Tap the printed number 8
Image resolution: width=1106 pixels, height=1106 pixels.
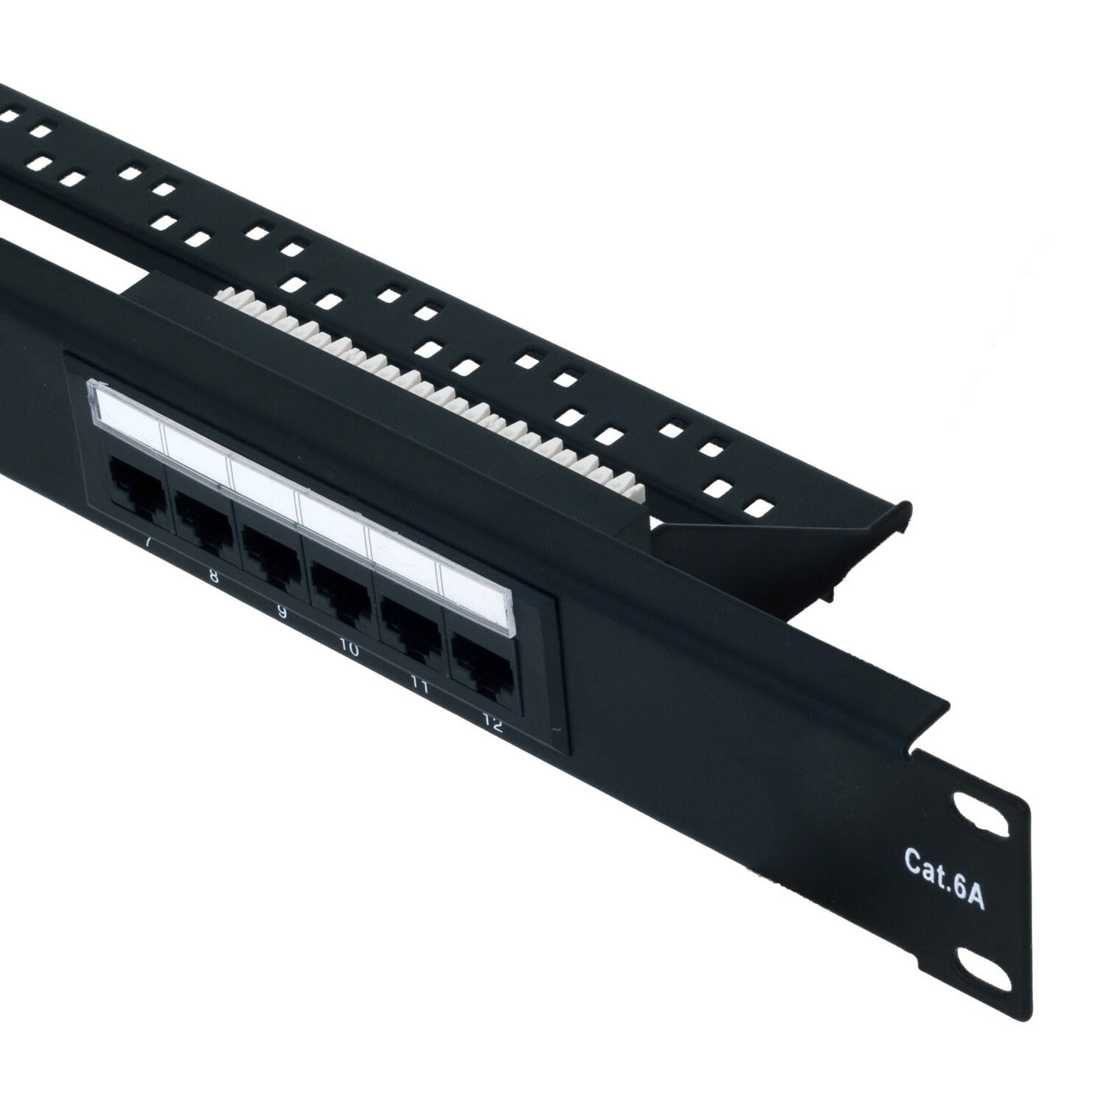[214, 577]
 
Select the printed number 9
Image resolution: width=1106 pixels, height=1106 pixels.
[280, 612]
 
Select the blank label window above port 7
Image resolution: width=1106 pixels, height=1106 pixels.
[125, 411]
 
